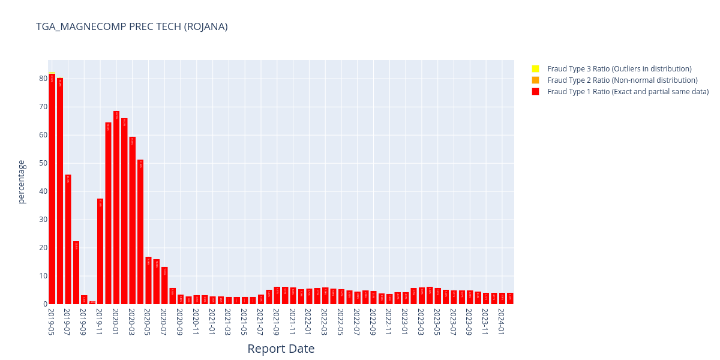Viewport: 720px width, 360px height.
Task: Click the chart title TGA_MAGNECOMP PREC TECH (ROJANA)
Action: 131,26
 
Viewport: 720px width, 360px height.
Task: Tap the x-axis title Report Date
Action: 281,349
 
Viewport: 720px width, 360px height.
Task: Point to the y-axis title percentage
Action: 22,182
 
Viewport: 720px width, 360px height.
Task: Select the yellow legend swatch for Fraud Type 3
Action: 535,69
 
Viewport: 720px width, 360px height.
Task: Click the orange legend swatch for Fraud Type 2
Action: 535,80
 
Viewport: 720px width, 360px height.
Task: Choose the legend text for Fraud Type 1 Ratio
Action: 628,92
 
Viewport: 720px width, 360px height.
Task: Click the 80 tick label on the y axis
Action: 43,79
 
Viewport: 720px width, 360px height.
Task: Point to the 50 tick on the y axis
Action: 43,163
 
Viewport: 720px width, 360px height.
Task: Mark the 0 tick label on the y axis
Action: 45,304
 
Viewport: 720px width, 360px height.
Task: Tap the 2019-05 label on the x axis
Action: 52,322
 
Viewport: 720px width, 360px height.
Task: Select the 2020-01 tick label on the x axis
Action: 116,322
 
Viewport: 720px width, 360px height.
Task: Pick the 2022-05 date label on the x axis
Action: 341,322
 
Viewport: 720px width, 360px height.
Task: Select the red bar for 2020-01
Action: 116,208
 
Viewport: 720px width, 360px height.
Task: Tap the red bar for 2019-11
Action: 100,251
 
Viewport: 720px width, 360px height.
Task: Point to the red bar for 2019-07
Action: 68,239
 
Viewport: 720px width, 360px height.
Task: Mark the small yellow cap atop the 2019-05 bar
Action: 52,73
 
